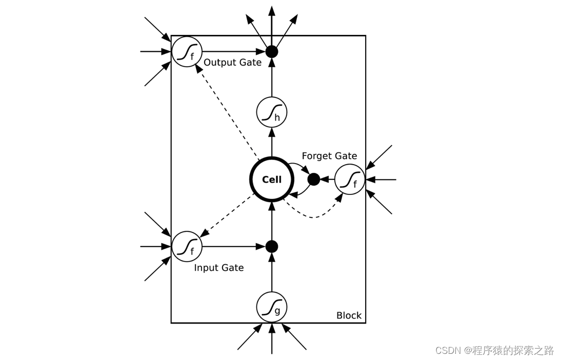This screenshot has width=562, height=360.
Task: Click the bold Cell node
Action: pos(272,179)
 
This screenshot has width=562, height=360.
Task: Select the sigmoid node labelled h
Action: pos(272,112)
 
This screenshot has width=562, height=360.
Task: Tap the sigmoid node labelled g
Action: pos(272,307)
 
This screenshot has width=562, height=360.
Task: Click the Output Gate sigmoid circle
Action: pos(187,52)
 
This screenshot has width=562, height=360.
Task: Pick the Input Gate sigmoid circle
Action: pos(187,247)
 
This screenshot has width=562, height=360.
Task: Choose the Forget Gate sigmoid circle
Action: pos(350,179)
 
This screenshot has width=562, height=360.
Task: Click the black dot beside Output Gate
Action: pos(272,52)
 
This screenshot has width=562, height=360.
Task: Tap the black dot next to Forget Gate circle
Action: pos(314,179)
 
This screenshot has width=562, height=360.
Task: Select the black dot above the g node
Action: pos(272,247)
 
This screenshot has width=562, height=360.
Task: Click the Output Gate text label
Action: pos(232,63)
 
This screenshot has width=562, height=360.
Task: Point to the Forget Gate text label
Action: pos(329,156)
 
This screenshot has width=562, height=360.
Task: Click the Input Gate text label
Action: pos(218,268)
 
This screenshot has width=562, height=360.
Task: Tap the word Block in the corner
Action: pos(349,315)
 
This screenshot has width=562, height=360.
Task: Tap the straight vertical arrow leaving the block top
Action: pos(272,23)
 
